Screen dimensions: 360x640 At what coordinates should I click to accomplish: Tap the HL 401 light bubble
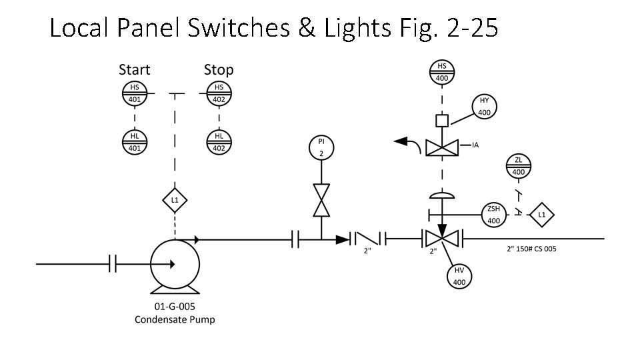pos(135,142)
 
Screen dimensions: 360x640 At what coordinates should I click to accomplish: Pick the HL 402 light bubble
pos(219,142)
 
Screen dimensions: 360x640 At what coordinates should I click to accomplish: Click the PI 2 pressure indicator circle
pos(321,147)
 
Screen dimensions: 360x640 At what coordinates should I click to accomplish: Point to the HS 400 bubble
pos(441,72)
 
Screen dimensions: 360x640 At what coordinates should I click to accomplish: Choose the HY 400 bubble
pos(484,107)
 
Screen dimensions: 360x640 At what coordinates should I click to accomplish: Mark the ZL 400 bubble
pos(519,166)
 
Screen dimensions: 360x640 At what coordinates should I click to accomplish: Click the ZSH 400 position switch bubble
pos(493,214)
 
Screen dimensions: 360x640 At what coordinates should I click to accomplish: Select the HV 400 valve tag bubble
pos(459,276)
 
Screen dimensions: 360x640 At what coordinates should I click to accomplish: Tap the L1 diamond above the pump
pos(175,199)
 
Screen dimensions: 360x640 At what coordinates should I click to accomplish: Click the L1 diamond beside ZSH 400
pos(541,214)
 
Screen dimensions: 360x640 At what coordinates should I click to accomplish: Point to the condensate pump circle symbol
pos(175,264)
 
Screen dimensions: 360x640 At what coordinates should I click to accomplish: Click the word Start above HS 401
pos(135,69)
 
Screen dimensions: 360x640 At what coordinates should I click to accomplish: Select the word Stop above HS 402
pos(219,69)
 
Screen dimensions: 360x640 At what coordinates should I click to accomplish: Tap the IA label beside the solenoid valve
pos(476,145)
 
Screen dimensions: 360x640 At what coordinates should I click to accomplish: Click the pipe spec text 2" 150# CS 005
pos(531,251)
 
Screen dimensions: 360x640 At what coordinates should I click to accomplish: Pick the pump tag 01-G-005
pos(175,307)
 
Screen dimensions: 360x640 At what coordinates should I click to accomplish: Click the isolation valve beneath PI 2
pos(321,199)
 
